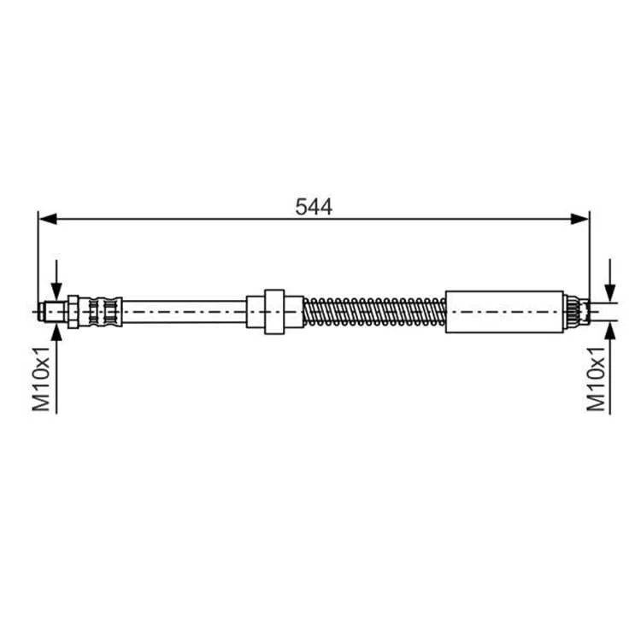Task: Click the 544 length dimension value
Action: pos(314,207)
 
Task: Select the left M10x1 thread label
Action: pos(41,378)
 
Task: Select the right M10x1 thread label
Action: pos(596,378)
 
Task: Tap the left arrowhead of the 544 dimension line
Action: pos(47,219)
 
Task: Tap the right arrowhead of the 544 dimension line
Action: pos(579,219)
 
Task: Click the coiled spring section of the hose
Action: pos(374,312)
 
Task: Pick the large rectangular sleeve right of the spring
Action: pos(504,312)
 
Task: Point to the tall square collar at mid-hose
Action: pos(274,312)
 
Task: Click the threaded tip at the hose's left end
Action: pos(53,312)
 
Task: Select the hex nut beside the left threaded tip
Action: pos(74,312)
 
